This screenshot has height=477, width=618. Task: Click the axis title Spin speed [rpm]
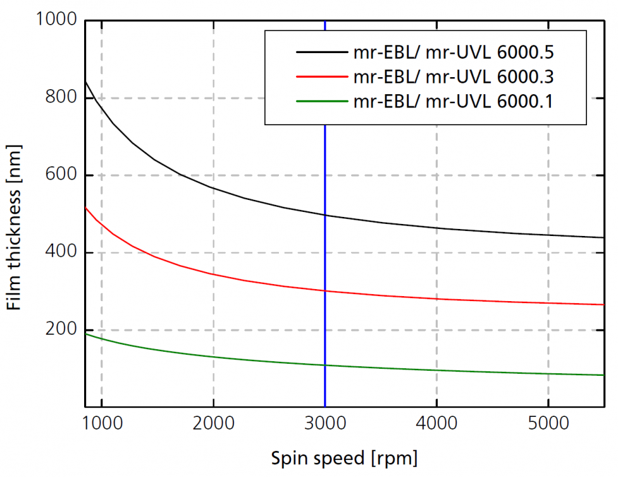(344, 457)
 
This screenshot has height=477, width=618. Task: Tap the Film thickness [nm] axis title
(14, 213)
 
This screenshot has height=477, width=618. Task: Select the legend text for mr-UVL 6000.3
(454, 77)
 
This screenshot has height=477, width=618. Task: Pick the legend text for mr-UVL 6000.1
(454, 101)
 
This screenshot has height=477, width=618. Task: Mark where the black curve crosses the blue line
(325, 215)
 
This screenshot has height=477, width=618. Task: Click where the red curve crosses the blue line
(325, 291)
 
